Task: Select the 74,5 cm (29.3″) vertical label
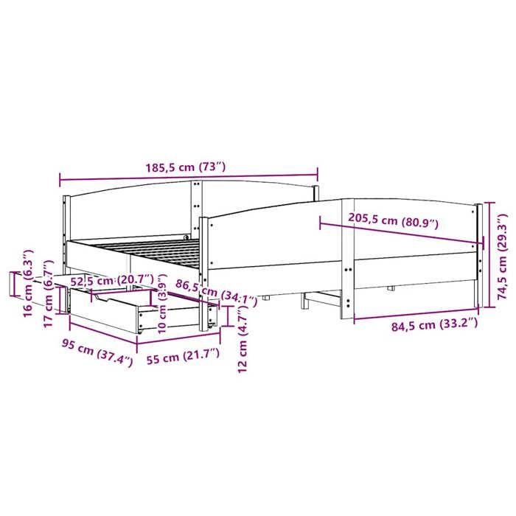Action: [503, 254]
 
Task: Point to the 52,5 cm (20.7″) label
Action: [112, 280]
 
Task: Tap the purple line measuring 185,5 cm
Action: [189, 177]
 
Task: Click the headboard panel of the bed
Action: [129, 214]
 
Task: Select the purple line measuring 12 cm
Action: [231, 317]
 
